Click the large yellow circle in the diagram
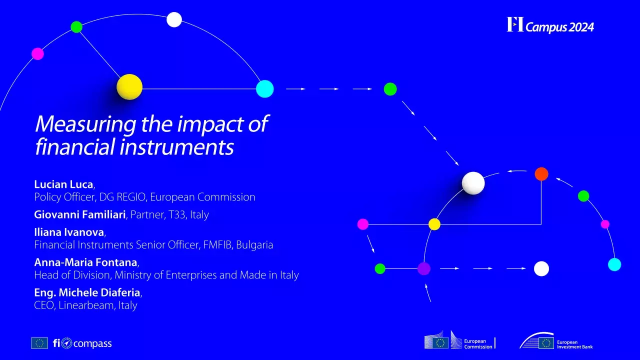(x=129, y=87)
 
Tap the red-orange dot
(x=541, y=174)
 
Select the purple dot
(x=424, y=268)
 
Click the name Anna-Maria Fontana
(x=85, y=262)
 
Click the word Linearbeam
(x=86, y=305)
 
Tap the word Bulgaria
(x=254, y=245)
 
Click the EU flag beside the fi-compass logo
(x=39, y=343)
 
